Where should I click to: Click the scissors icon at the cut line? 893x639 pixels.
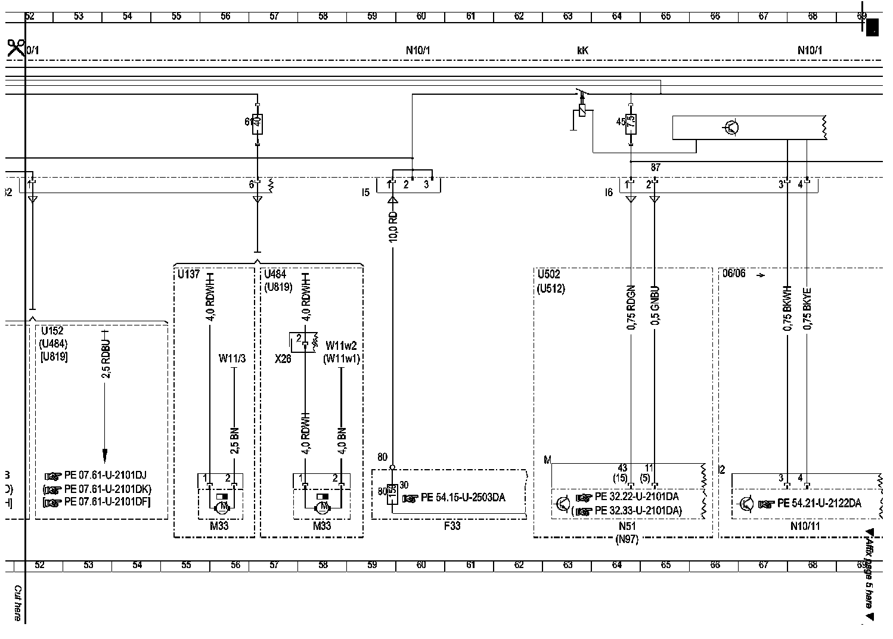click(16, 48)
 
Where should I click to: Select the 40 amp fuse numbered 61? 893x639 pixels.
click(257, 124)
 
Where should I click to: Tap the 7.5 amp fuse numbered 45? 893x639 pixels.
click(631, 123)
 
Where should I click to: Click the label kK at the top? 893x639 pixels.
click(582, 51)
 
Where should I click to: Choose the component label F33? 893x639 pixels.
click(452, 526)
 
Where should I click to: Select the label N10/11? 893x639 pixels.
click(805, 526)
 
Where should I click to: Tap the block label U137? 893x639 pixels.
click(189, 274)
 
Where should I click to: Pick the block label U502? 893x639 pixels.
click(549, 274)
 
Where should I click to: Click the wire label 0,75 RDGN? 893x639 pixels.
click(631, 308)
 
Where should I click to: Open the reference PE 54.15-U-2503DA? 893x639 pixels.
click(463, 497)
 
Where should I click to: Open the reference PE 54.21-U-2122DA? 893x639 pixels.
click(819, 503)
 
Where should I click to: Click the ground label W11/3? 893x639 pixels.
click(232, 358)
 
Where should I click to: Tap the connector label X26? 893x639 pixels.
click(283, 359)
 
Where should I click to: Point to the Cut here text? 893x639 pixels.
click(18, 603)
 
